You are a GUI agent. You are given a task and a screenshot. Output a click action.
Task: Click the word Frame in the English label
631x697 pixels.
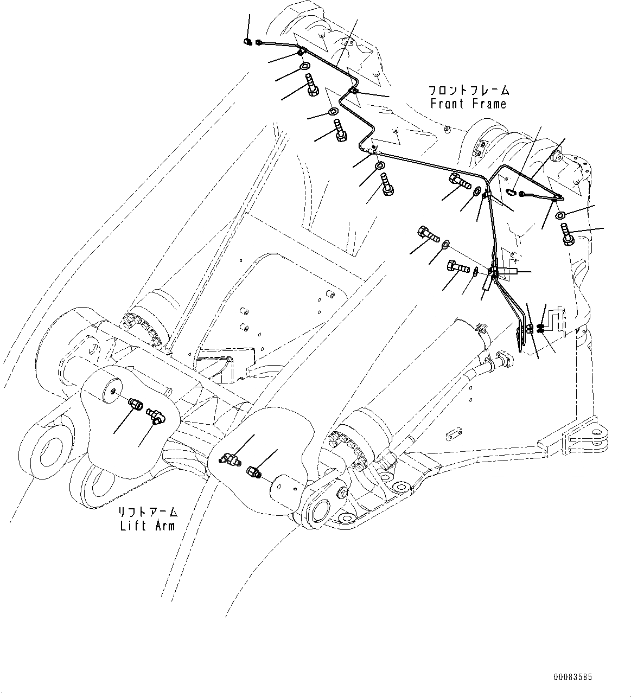coord(488,104)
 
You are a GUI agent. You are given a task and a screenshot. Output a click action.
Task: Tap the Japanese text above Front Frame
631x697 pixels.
coord(468,90)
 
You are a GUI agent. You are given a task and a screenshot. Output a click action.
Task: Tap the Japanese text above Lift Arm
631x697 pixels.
coord(148,512)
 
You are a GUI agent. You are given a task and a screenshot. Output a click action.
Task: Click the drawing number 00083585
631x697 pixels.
coord(573,677)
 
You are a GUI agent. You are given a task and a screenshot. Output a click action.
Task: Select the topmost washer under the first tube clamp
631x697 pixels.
coord(305,67)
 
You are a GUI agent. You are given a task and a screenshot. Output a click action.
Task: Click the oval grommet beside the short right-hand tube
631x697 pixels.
coord(511,191)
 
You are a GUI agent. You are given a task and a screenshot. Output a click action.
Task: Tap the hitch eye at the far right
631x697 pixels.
coord(601,439)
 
